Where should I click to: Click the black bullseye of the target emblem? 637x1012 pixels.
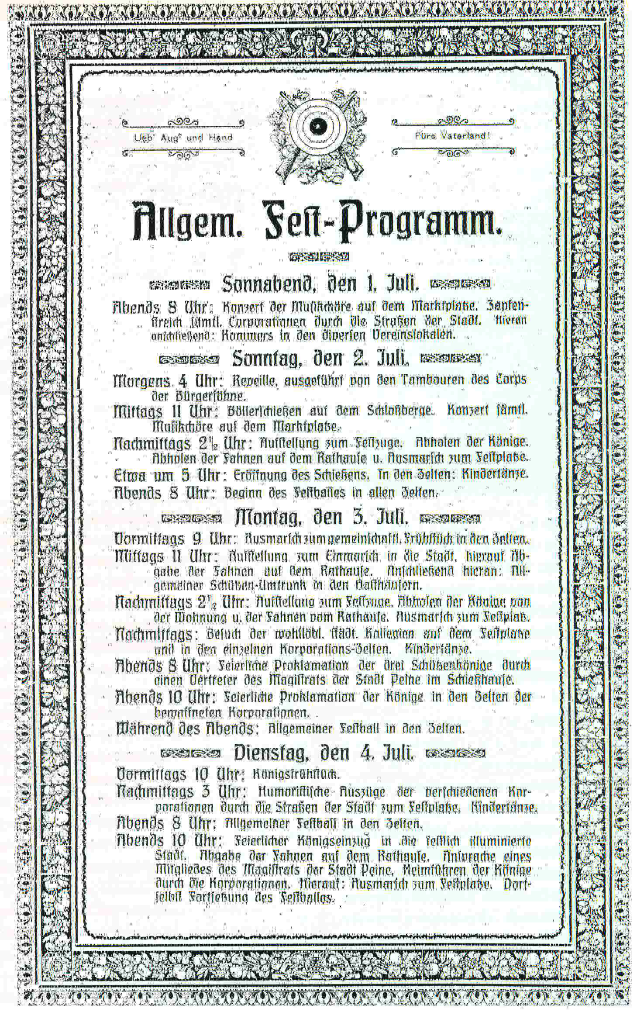click(317, 126)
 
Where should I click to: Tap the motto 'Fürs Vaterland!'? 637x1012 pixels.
click(453, 135)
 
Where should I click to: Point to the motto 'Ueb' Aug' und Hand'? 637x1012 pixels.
click(183, 137)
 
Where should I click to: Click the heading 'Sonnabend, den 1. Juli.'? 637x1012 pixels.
click(320, 284)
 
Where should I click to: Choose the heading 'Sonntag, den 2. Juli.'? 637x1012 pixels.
click(320, 359)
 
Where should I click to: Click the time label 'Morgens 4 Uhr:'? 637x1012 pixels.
click(169, 381)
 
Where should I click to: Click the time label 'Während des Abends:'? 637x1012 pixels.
click(185, 729)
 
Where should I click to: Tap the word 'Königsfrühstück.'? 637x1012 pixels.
click(296, 775)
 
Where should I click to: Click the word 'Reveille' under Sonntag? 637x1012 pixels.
click(254, 381)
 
